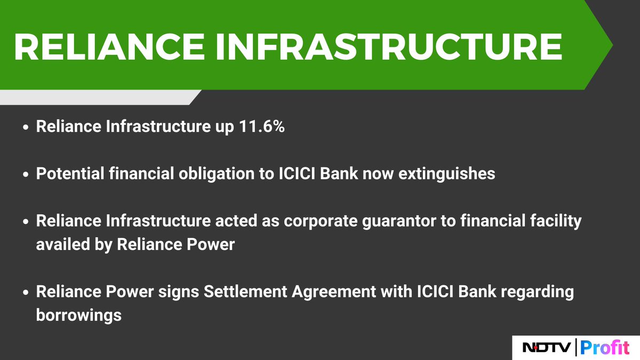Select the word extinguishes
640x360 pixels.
click(449, 174)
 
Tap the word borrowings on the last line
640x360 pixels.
click(78, 315)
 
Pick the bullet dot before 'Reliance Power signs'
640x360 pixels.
click(26, 293)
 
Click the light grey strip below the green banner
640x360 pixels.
click(96, 97)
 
